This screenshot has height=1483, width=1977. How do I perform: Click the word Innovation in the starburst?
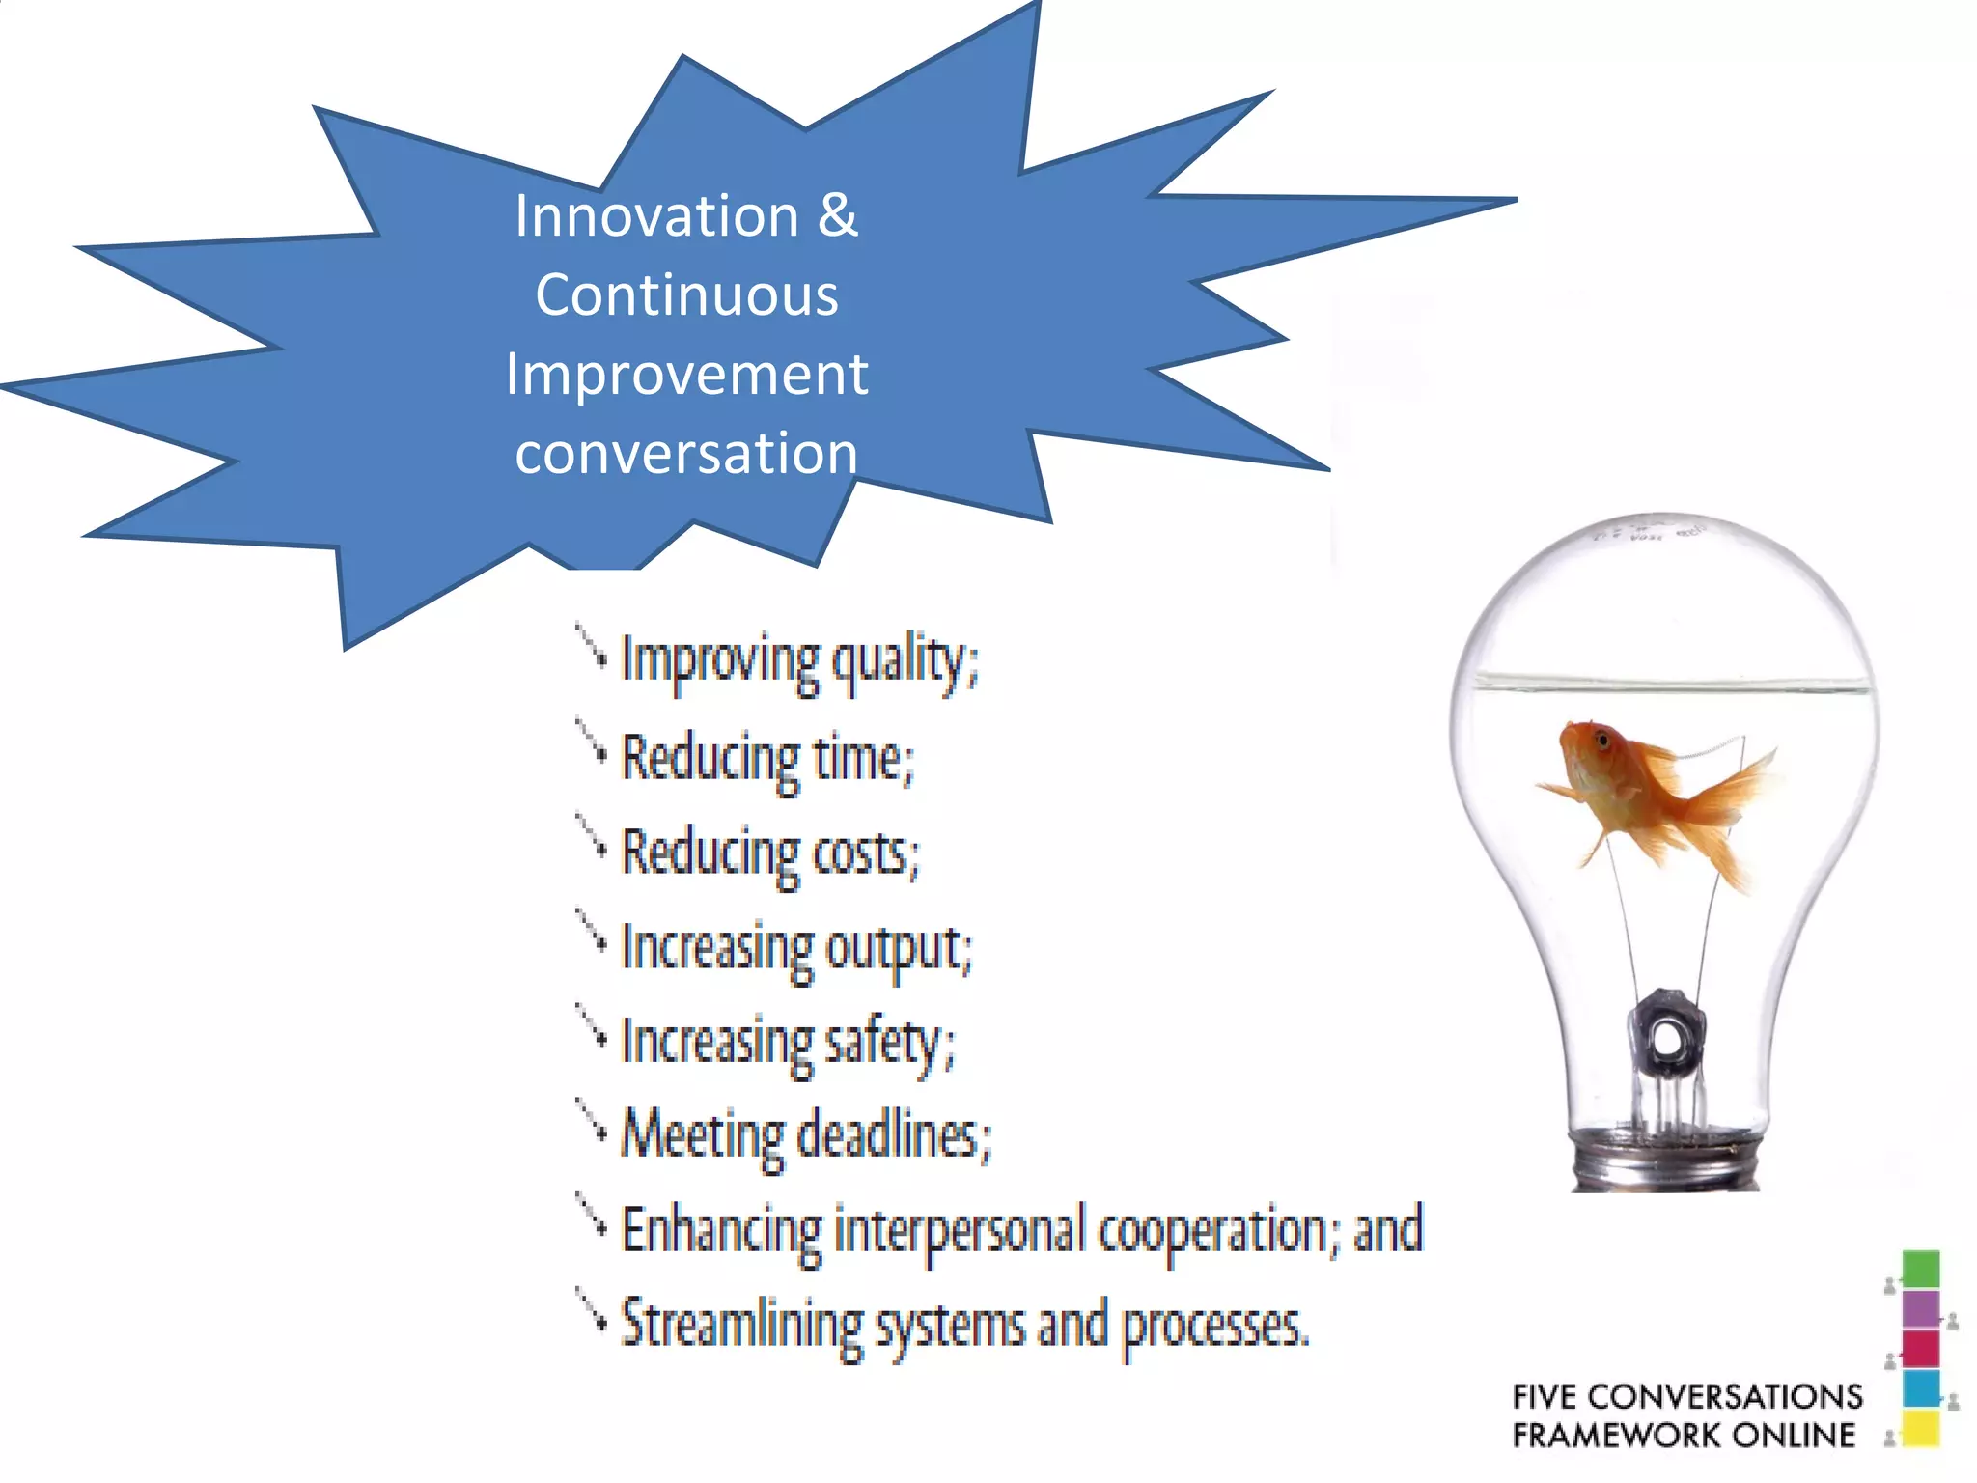pyautogui.click(x=656, y=215)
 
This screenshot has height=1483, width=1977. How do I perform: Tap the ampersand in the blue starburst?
pyautogui.click(x=837, y=215)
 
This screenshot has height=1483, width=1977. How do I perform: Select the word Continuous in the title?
pyautogui.click(x=686, y=294)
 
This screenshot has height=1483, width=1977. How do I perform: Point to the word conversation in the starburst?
pyautogui.click(x=686, y=453)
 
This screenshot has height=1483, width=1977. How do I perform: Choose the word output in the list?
pyautogui.click(x=898, y=948)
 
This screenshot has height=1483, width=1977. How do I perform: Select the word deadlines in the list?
pyautogui.click(x=893, y=1135)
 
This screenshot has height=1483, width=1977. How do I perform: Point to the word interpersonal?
pyautogui.click(x=960, y=1230)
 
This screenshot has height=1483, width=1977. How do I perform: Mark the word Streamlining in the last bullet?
pyautogui.click(x=741, y=1325)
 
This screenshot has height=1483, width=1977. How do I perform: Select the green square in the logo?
pyautogui.click(x=1920, y=1269)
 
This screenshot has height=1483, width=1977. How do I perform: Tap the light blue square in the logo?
pyautogui.click(x=1920, y=1388)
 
